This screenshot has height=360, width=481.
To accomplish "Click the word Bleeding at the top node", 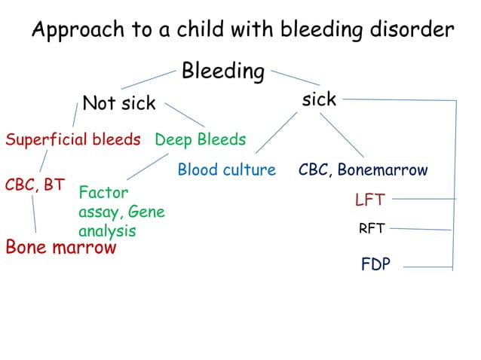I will pyautogui.click(x=222, y=72).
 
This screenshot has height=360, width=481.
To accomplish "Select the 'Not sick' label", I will pyautogui.click(x=118, y=103).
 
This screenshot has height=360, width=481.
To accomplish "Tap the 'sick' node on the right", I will pyautogui.click(x=318, y=99).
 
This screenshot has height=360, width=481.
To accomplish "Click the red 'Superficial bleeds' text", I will pyautogui.click(x=73, y=139).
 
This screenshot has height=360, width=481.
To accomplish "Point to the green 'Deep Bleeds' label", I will pyautogui.click(x=200, y=139).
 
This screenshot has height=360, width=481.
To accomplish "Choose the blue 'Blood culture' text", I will pyautogui.click(x=226, y=170).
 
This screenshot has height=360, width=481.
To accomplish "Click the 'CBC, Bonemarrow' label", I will pyautogui.click(x=363, y=170).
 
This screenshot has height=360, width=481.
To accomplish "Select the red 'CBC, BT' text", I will pyautogui.click(x=35, y=184).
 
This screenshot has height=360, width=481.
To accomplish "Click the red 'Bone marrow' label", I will pyautogui.click(x=61, y=247).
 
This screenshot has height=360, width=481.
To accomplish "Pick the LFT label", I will pyautogui.click(x=369, y=200).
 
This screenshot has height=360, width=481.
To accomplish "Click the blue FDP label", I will pyautogui.click(x=375, y=264).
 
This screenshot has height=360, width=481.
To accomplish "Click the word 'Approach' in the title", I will pyautogui.click(x=76, y=31).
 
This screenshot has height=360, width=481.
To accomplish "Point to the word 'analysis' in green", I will pyautogui.click(x=107, y=231).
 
